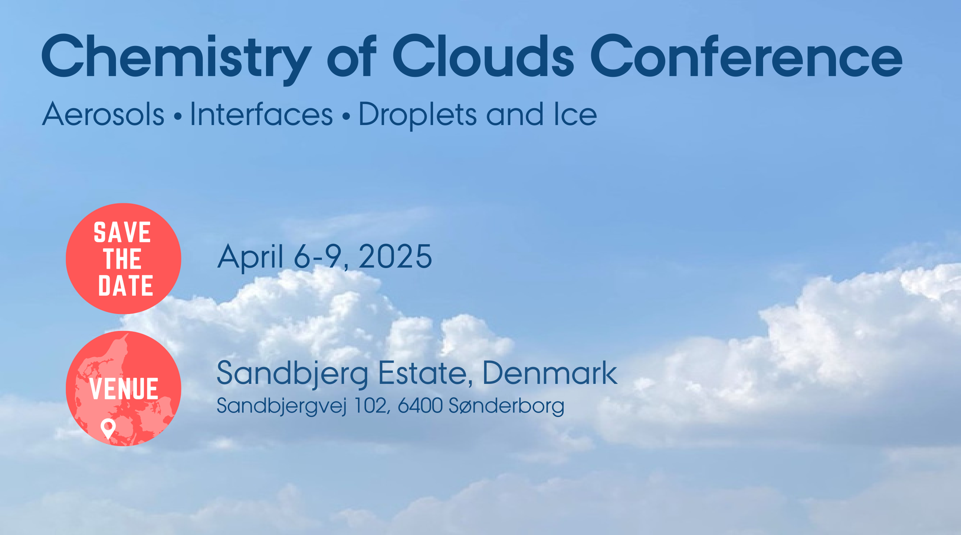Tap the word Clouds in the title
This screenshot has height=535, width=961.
[483, 56]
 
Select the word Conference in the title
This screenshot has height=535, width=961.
[746, 56]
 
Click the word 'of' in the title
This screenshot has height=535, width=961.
[352, 56]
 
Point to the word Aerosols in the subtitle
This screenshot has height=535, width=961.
[103, 114]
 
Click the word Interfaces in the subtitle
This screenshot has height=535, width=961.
[261, 114]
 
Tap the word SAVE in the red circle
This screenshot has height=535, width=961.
[123, 232]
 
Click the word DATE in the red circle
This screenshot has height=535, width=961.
[125, 286]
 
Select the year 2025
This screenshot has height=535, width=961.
[395, 257]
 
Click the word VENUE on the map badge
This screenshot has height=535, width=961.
[124, 389]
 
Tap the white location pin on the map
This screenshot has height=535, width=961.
[108, 428]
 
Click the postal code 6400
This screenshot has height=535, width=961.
[420, 405]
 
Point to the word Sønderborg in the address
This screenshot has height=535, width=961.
[506, 406]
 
